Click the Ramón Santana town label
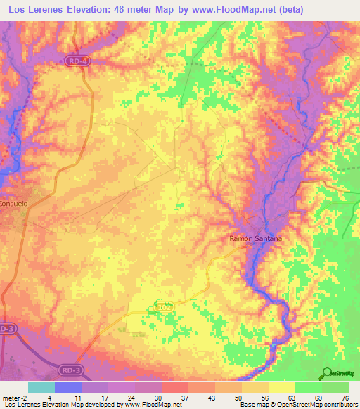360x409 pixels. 256,239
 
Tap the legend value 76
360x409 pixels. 344,398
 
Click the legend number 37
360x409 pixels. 184,398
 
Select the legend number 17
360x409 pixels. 105,398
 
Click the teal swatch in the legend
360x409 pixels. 41,387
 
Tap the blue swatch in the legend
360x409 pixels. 68,387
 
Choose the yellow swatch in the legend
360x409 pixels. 281,387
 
